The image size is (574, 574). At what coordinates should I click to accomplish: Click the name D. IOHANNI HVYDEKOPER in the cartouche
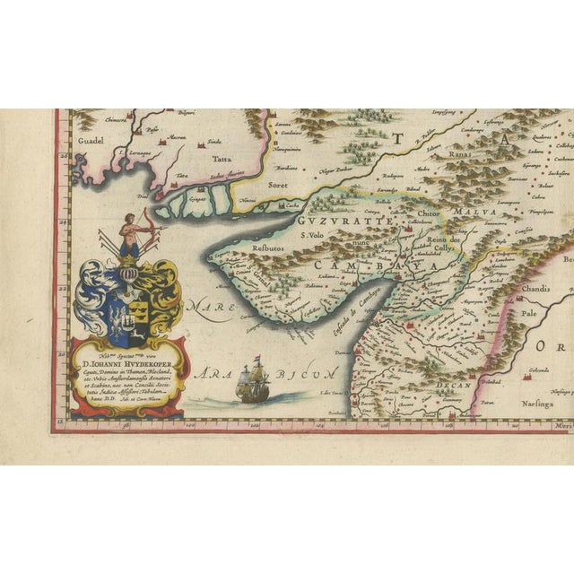(x=127, y=362)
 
